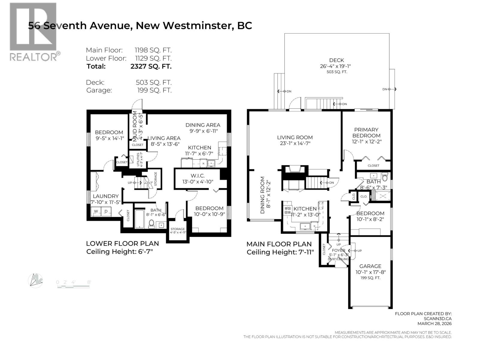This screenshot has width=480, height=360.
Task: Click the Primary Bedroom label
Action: [366, 132]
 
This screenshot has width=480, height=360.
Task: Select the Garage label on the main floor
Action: [370, 266]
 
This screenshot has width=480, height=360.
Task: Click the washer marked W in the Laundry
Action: [96, 211]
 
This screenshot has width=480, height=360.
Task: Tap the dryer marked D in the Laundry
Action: [106, 211]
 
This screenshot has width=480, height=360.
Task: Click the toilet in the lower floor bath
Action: [152, 223]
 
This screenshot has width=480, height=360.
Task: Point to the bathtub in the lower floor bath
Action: [140, 219]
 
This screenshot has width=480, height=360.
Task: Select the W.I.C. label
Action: [197, 176]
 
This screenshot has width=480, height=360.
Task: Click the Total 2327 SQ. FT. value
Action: [151, 66]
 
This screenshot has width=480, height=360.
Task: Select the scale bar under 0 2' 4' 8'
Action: [73, 287]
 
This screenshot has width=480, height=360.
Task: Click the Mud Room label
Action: [135, 126]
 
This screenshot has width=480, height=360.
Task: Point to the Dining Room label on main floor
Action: [262, 195]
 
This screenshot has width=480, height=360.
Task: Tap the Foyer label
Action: [338, 250]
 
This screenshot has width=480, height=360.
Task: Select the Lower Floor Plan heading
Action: [122, 244]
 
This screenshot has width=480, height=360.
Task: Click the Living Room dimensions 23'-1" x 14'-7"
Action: [295, 143]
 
